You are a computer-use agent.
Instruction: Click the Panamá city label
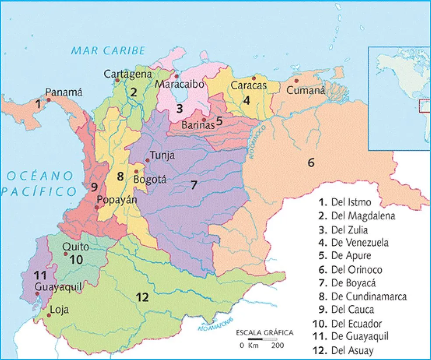tap(64, 92)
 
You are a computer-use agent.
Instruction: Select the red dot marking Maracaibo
tap(177, 76)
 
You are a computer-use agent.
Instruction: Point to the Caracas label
tap(248, 86)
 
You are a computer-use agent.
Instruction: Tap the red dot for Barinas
tap(204, 120)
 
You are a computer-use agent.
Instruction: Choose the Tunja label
tap(162, 155)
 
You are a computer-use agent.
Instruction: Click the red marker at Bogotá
tap(137, 171)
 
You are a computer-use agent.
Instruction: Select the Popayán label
tap(117, 200)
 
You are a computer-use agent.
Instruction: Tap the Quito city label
tap(75, 247)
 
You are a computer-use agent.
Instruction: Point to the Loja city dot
tap(49, 315)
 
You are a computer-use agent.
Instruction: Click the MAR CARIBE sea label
tap(108, 51)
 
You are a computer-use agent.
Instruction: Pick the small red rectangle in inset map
tap(424, 106)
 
